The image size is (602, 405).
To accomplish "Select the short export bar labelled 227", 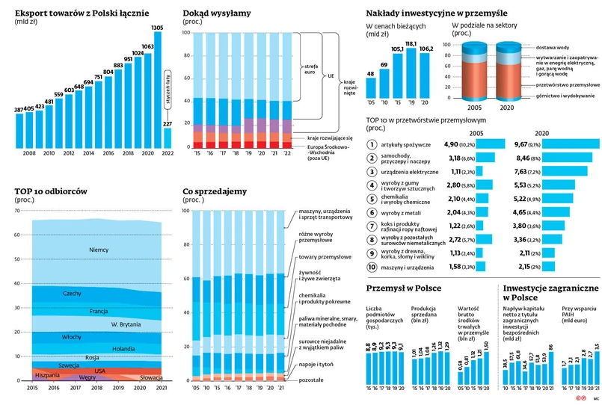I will pos(168,138).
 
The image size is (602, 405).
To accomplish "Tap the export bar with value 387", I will pos(19,132).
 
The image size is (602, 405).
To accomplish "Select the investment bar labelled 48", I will pos(371,87).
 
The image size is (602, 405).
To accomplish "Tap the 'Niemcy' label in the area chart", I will pos(98,250).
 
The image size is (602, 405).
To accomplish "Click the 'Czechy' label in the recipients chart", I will pos(73,294).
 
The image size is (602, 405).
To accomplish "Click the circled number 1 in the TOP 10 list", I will pos(372,144).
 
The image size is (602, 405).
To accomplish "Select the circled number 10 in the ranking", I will pos(372,267).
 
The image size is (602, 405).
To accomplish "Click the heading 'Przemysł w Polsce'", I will pos(403,288).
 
